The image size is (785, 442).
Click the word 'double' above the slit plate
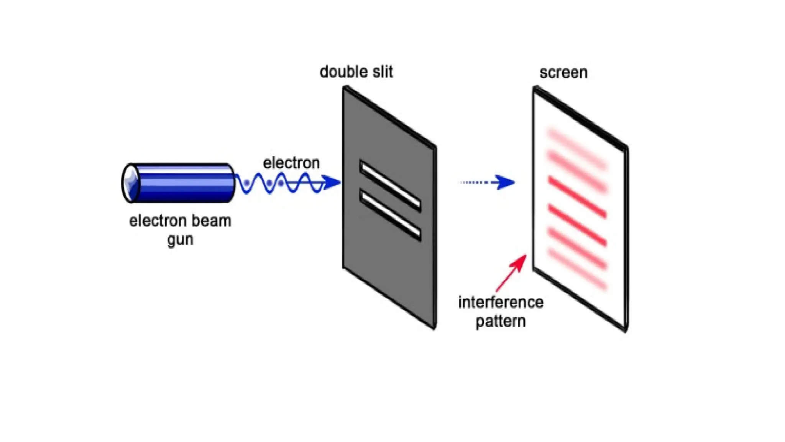click(x=341, y=72)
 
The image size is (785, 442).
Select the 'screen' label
click(x=563, y=73)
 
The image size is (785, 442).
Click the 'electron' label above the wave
click(x=291, y=163)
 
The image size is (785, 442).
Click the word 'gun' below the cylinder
click(x=180, y=240)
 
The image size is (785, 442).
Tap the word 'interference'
click(x=501, y=302)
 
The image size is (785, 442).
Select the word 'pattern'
click(x=501, y=322)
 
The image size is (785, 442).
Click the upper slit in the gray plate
click(x=390, y=186)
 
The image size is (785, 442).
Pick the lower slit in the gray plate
click(x=390, y=215)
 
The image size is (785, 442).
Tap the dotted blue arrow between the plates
click(x=487, y=182)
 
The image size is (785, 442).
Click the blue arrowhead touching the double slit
click(x=331, y=183)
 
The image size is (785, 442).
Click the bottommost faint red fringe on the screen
click(x=577, y=269)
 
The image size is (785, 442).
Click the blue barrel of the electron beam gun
click(x=184, y=183)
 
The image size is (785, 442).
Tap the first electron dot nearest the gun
click(x=246, y=183)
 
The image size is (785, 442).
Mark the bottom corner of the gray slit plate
click(x=434, y=328)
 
